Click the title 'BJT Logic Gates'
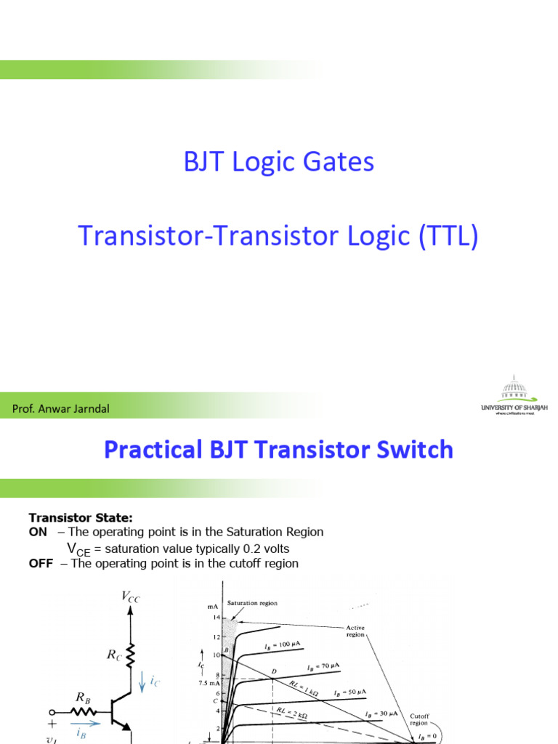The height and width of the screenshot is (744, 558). tap(279, 161)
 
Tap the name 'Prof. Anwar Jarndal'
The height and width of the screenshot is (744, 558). tap(61, 408)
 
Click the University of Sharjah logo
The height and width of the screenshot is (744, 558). tap(514, 396)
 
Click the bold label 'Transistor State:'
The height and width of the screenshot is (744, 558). tap(81, 517)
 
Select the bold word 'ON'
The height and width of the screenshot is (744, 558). tap(38, 532)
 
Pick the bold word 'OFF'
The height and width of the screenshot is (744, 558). tap(41, 564)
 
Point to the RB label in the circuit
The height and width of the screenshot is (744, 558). tap(81, 698)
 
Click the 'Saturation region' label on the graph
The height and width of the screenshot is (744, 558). tap(252, 603)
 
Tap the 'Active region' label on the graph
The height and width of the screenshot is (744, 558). tap(355, 630)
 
